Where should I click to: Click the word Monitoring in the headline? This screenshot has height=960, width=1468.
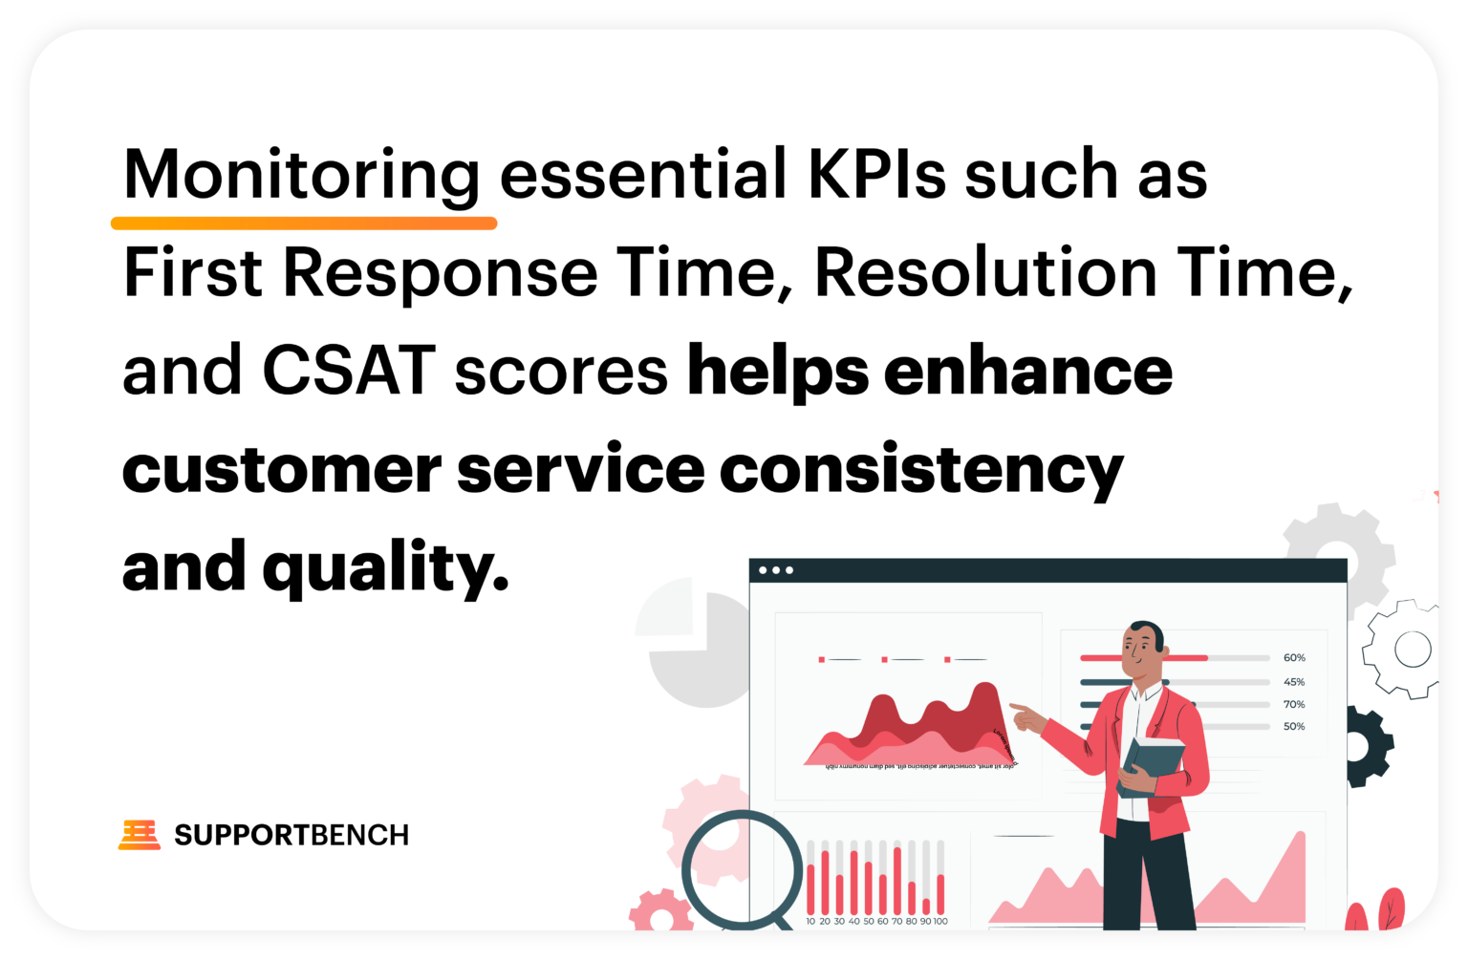[x=301, y=175]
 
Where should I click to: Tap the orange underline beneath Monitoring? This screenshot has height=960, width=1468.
[x=304, y=224]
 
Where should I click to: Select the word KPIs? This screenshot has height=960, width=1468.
[x=876, y=175]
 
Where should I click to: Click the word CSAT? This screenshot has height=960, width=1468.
[x=349, y=371]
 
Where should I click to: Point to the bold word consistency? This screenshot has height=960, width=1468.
[x=921, y=470]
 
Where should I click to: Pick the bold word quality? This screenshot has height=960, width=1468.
[x=384, y=569]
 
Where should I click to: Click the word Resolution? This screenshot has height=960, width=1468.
[x=985, y=273]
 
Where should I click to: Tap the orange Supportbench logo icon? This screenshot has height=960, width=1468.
[x=140, y=835]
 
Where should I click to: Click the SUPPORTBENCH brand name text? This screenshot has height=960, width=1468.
[x=291, y=835]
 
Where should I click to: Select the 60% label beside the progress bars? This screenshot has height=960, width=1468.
[x=1294, y=658]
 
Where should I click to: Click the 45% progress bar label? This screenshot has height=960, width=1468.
[x=1294, y=682]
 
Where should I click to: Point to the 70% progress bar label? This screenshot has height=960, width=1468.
[x=1294, y=704]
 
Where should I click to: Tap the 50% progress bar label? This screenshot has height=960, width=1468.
[x=1294, y=727]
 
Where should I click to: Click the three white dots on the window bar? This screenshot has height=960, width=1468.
[x=775, y=570]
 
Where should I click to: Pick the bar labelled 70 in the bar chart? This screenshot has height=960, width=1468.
[x=897, y=880]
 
